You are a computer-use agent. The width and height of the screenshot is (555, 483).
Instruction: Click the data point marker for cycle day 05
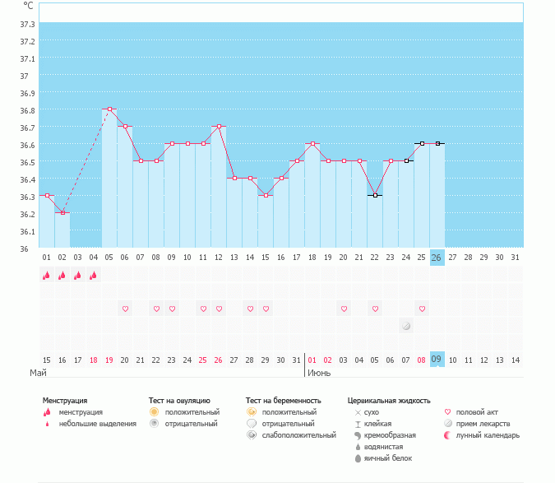click(109, 109)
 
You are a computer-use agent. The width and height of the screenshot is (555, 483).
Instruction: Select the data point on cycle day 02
click(62, 212)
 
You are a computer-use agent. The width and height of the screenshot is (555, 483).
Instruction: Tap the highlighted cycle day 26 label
click(437, 258)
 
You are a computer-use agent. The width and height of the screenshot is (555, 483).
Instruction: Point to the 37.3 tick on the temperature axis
click(26, 24)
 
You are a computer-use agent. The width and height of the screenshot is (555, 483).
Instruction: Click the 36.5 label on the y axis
click(26, 162)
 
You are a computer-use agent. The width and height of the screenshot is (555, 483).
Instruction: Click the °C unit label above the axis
click(29, 5)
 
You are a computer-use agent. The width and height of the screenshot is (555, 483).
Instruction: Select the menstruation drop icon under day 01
click(46, 276)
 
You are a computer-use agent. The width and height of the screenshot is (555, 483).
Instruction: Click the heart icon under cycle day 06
click(125, 309)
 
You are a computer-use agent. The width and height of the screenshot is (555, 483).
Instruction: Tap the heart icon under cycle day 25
click(422, 309)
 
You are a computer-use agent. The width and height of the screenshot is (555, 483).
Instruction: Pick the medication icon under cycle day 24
click(406, 326)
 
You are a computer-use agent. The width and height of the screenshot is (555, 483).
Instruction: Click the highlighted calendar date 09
click(437, 360)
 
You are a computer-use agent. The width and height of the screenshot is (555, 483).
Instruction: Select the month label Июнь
click(319, 373)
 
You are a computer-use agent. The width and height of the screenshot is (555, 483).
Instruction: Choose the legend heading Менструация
click(65, 401)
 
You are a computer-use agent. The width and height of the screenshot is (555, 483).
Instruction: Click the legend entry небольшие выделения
click(97, 424)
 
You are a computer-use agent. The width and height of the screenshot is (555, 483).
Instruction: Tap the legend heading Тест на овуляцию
click(179, 401)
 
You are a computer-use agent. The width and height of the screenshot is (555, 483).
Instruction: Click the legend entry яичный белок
click(389, 458)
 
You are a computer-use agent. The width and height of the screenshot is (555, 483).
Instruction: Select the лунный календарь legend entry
click(488, 435)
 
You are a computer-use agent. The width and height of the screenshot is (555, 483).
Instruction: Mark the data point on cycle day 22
click(375, 195)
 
